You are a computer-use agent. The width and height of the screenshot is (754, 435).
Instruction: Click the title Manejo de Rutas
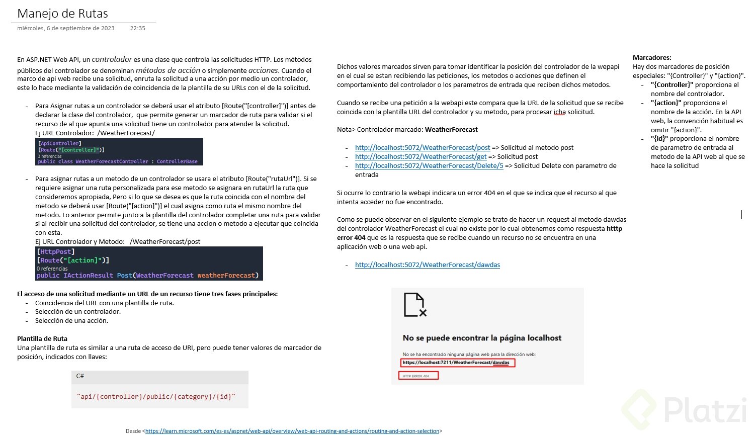coord(62,14)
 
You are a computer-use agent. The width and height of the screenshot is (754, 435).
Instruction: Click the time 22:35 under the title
coord(137,28)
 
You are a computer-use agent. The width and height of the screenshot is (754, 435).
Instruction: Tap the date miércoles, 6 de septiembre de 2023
coord(66,28)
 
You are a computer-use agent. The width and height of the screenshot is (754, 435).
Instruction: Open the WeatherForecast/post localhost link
coord(423,147)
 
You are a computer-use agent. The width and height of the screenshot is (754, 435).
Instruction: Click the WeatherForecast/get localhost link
coord(421,156)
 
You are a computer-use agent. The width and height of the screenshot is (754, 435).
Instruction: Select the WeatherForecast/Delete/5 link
coord(429,165)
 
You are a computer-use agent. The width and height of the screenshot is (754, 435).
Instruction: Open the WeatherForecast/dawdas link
coord(428,265)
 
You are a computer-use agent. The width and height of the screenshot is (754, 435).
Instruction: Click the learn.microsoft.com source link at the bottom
coord(292,431)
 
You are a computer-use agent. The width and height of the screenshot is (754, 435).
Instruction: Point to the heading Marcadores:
coord(652,57)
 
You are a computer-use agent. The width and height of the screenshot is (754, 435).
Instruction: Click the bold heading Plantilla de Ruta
coord(42,338)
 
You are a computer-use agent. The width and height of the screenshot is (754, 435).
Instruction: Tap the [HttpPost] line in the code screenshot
coord(56,251)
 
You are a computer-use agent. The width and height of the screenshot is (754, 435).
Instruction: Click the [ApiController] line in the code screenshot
coord(59,143)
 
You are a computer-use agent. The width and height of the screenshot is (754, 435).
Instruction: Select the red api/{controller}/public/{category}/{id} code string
coord(156,396)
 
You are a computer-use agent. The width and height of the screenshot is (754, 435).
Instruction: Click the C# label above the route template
coord(80,376)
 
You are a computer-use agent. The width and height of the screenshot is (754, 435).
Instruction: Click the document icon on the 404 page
coord(415,305)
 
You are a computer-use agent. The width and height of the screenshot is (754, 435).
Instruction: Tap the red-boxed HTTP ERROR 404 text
coord(418,376)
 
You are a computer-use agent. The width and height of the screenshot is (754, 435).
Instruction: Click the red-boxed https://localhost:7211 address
coord(457,363)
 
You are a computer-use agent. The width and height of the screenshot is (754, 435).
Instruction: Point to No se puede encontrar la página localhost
coord(482,338)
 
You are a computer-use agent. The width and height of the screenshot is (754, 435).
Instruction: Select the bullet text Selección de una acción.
coord(71,320)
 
